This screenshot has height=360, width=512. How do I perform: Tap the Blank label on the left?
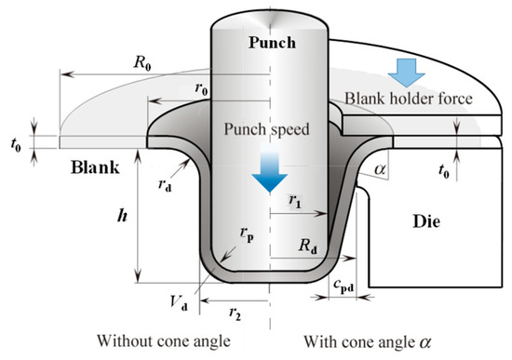98,169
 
